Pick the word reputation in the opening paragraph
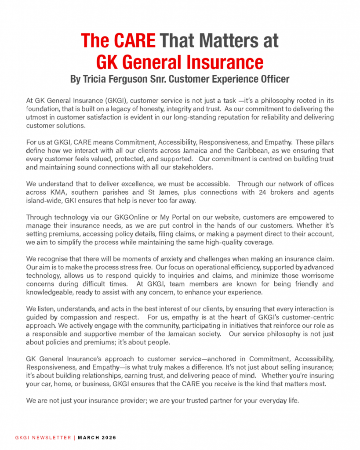238,117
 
